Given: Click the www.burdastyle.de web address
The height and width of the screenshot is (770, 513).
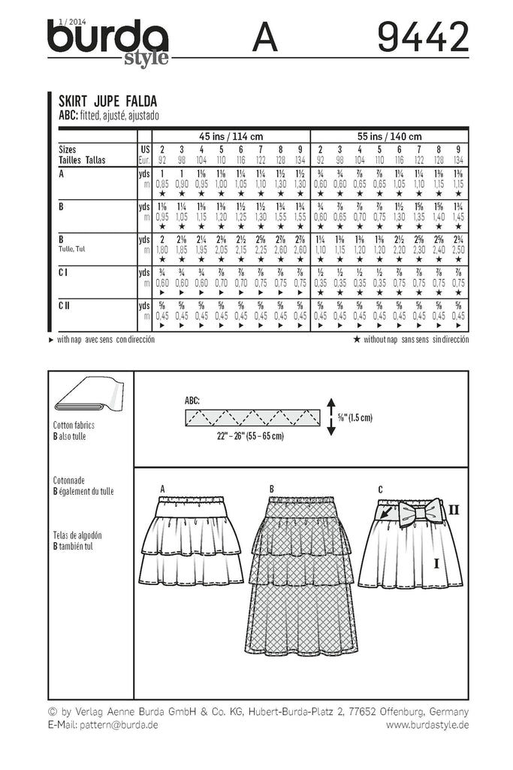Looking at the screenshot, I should pyautogui.click(x=427, y=725).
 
